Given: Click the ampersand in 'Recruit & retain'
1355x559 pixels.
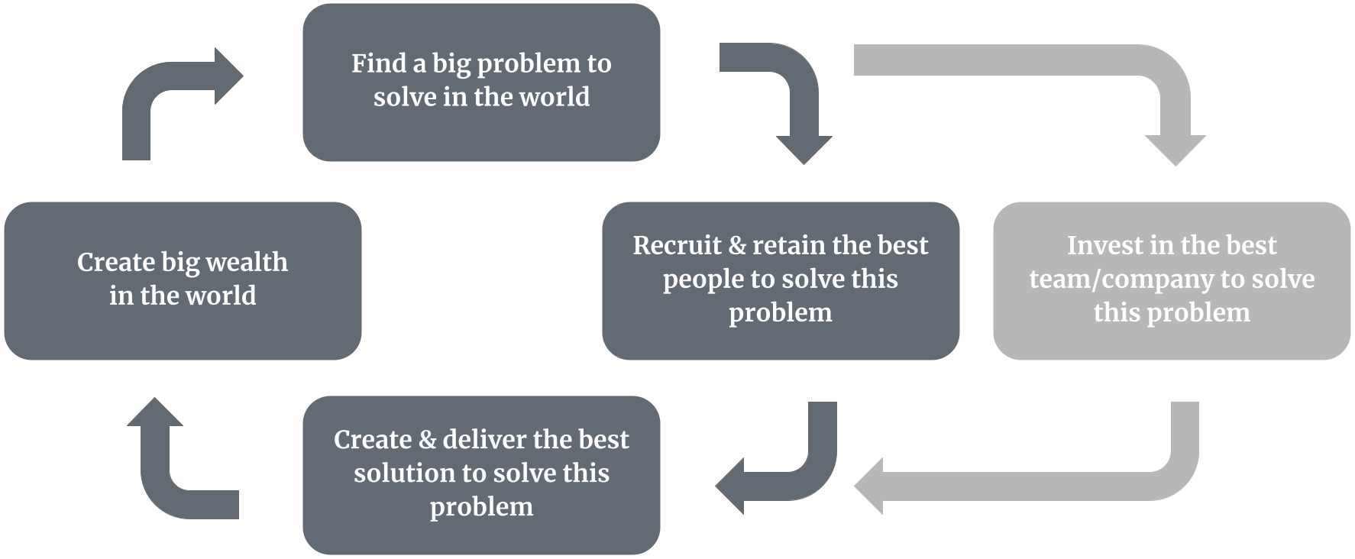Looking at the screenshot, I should tap(737, 245).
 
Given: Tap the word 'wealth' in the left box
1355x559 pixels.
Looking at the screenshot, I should tap(247, 262).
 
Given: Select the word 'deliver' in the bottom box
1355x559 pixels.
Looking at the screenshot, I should tap(484, 440).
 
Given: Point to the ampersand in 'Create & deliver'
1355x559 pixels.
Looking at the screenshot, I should tap(428, 440).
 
